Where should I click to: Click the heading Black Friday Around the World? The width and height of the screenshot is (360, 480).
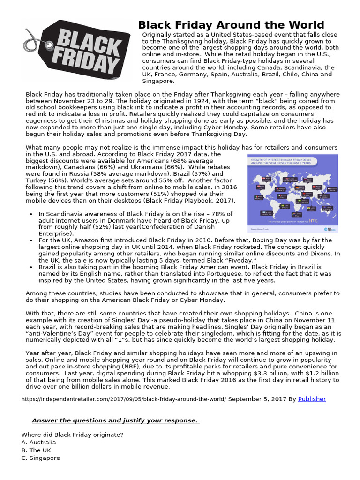(231, 25)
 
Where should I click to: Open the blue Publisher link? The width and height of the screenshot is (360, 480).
(312, 399)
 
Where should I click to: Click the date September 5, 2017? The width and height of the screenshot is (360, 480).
(257, 399)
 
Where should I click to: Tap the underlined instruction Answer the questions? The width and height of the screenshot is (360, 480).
(115, 420)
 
